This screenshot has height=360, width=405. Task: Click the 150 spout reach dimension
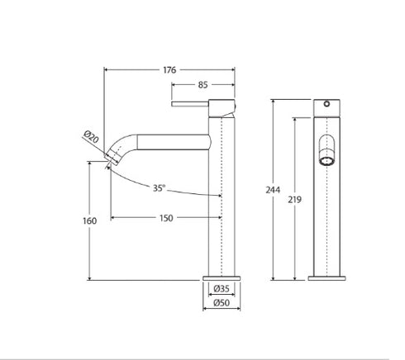(x=166, y=217)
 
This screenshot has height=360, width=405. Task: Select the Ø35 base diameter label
(x=222, y=288)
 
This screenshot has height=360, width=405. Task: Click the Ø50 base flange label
(x=222, y=302)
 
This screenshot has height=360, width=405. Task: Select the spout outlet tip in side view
(x=112, y=162)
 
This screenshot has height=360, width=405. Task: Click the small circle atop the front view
(x=327, y=105)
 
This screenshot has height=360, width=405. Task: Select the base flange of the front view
(x=327, y=277)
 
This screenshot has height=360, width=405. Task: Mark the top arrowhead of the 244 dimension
(x=276, y=101)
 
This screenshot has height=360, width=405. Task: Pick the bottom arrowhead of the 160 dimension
(x=90, y=278)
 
